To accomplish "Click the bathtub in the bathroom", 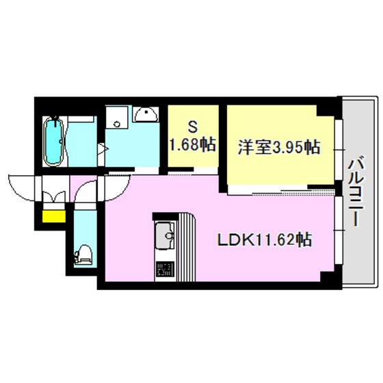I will [x=54, y=142].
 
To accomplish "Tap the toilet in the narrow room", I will [x=83, y=255].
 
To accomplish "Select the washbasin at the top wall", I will [x=146, y=114].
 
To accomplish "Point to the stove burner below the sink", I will [x=164, y=269].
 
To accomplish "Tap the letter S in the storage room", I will [x=193, y=128].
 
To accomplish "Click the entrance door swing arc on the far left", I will [x=22, y=187].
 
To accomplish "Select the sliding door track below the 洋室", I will [x=274, y=187].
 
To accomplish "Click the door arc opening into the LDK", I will [x=116, y=186].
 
